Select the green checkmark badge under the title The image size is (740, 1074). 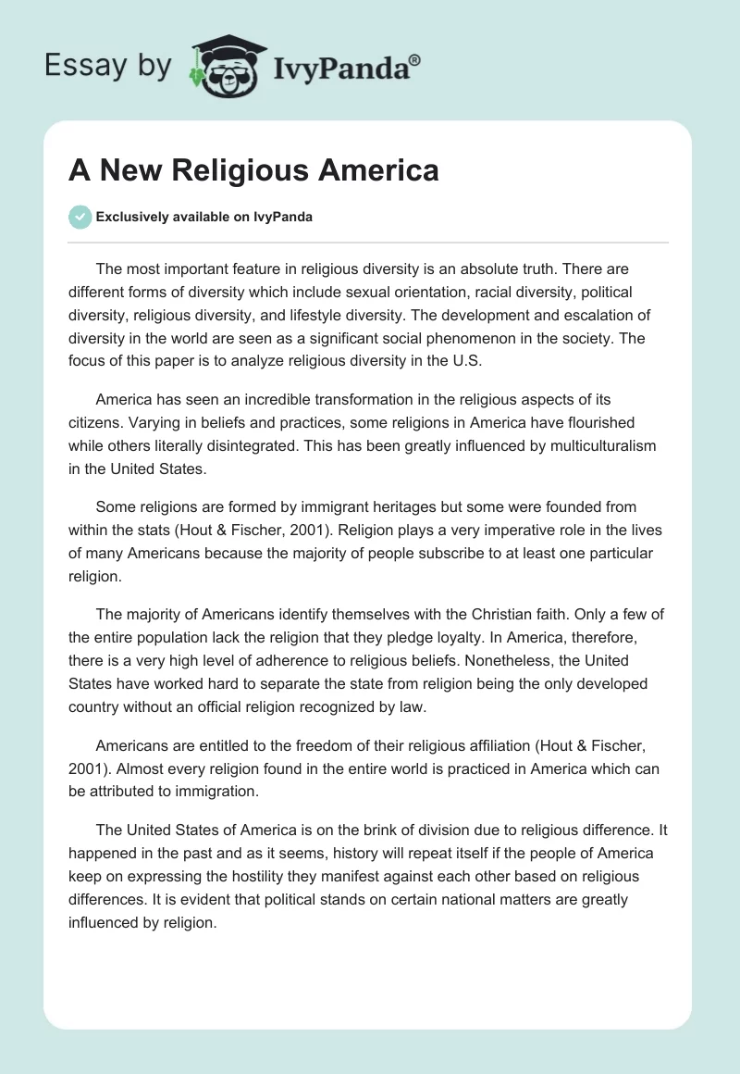(x=80, y=217)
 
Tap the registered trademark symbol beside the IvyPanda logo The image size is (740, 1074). (x=415, y=58)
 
